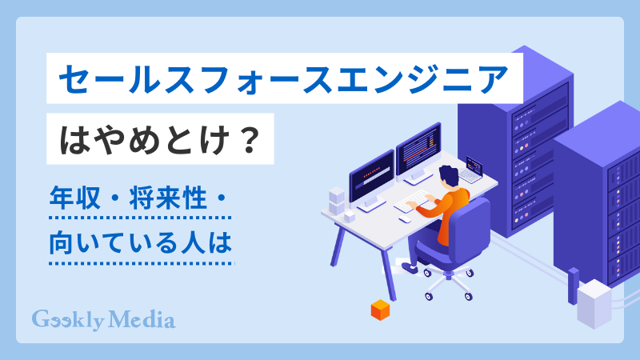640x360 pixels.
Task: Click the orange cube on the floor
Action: [378, 310]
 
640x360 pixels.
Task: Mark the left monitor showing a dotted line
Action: [371, 173]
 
